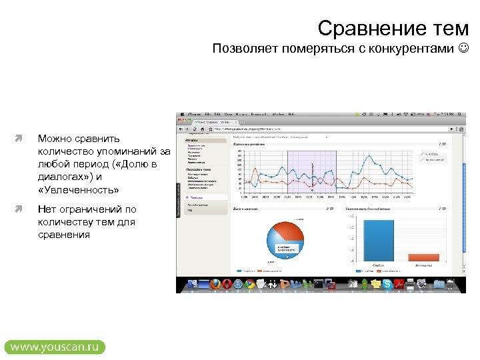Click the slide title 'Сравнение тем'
(x=393, y=28)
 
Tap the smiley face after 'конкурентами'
(x=464, y=49)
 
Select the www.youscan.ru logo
(x=55, y=347)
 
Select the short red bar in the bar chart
(x=423, y=258)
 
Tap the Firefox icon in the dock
(x=214, y=285)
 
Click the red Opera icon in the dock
(x=226, y=285)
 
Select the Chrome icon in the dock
(x=249, y=285)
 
